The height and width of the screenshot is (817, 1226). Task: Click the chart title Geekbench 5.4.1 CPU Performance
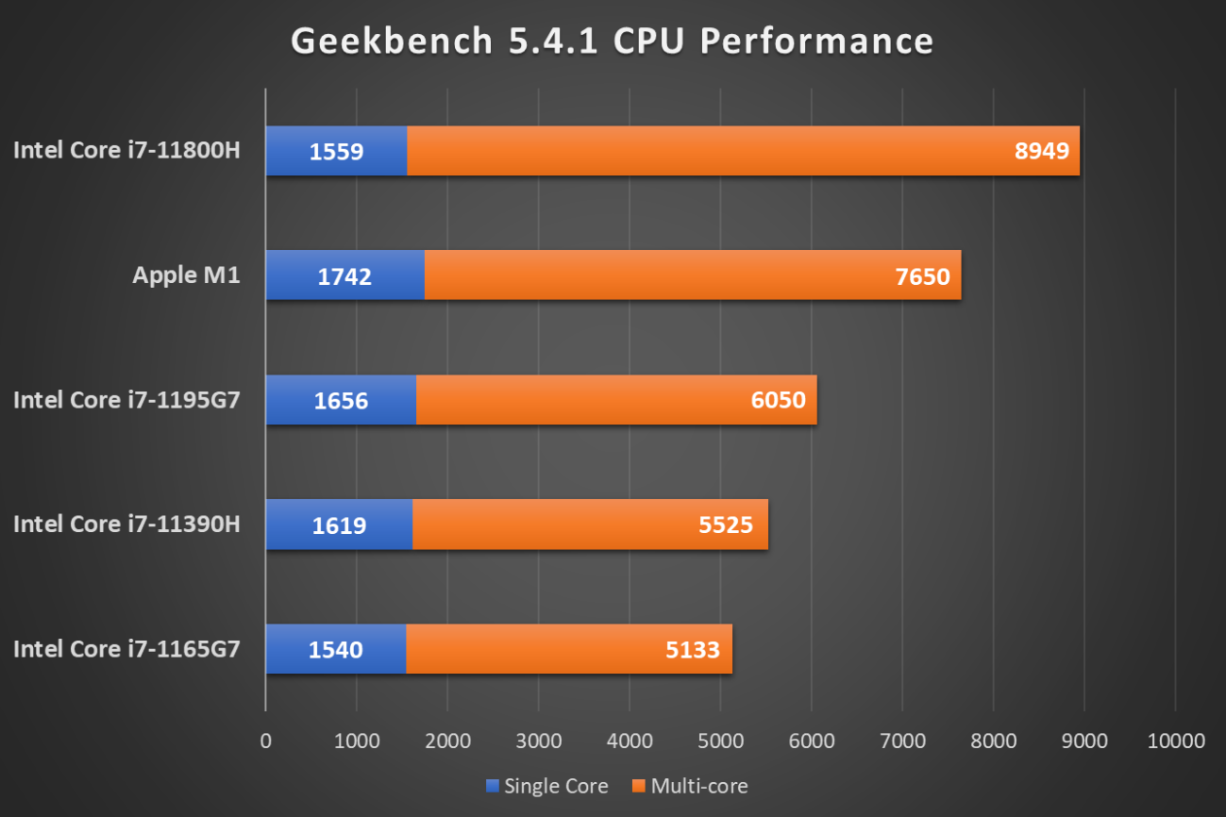pos(612,42)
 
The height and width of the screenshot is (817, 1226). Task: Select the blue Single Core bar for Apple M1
pos(344,275)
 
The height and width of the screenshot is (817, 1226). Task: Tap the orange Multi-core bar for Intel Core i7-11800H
pos(743,151)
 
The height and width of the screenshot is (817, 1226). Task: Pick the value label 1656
pos(341,400)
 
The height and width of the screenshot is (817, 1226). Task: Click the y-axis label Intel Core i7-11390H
pos(126,524)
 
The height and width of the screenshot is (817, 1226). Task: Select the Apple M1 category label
pos(186,275)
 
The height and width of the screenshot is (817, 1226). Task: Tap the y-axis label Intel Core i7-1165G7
pos(126,648)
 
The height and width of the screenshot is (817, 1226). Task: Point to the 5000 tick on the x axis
pos(720,741)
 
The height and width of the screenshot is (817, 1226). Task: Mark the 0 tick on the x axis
pos(265,741)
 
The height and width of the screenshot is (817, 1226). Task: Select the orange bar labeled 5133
pos(568,649)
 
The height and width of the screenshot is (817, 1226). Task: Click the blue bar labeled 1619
pos(339,525)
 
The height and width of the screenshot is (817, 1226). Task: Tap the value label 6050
pos(779,400)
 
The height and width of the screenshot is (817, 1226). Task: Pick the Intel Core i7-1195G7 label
pos(126,399)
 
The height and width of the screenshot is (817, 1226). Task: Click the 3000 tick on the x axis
pos(538,741)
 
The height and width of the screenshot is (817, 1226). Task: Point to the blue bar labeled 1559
pos(336,151)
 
